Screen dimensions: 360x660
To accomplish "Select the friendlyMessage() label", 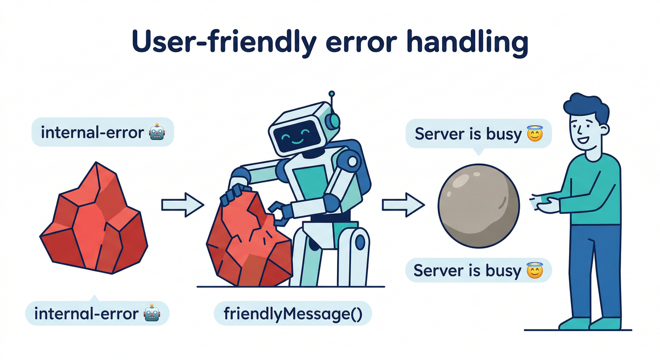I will point(293,314).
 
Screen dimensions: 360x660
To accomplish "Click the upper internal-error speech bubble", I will point(102,132).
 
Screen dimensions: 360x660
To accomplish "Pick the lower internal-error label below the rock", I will point(97,313).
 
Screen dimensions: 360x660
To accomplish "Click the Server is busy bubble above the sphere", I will point(479,135).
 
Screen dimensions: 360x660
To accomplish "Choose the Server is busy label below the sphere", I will point(479,270).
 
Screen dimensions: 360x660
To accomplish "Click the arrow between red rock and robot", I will point(182,204).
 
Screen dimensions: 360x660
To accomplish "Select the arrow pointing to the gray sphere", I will point(403,204).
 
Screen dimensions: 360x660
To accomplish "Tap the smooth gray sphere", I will point(479,205).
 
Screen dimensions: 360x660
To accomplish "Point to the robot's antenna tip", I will point(332,94).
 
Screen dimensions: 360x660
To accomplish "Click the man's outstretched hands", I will point(544,203).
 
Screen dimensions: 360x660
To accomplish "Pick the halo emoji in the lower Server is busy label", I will point(534,270).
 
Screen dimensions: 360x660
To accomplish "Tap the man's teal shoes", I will point(591,323).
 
